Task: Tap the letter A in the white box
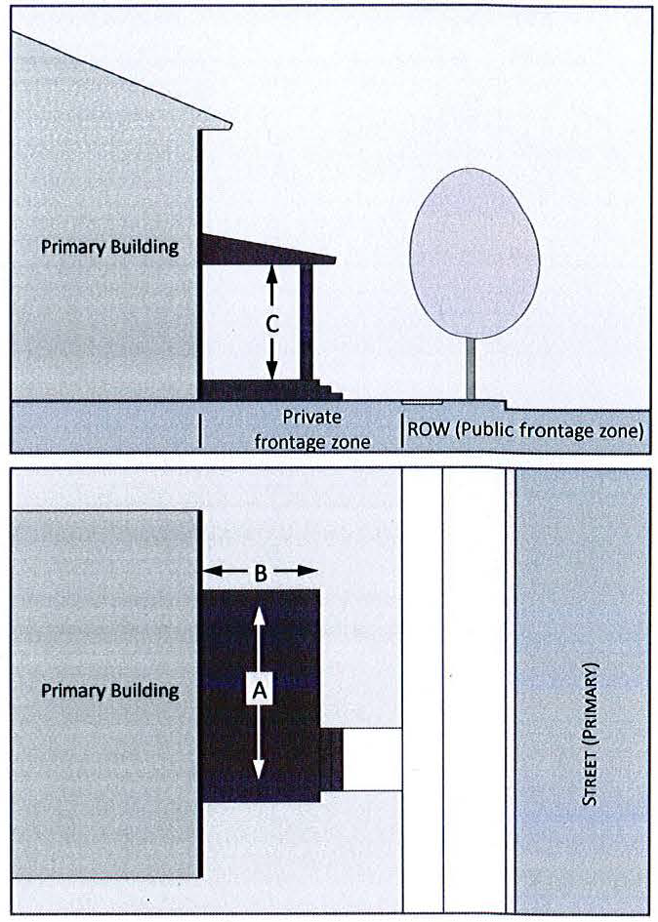pyautogui.click(x=259, y=690)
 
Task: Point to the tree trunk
pyautogui.click(x=472, y=368)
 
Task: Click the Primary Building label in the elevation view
pyautogui.click(x=109, y=247)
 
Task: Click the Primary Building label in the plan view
pyautogui.click(x=109, y=691)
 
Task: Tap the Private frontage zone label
pyautogui.click(x=312, y=429)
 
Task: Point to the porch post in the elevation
pyautogui.click(x=307, y=322)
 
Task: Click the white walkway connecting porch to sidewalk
pyautogui.click(x=372, y=759)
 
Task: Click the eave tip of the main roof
pyautogui.click(x=228, y=124)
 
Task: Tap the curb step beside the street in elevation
pyautogui.click(x=506, y=404)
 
